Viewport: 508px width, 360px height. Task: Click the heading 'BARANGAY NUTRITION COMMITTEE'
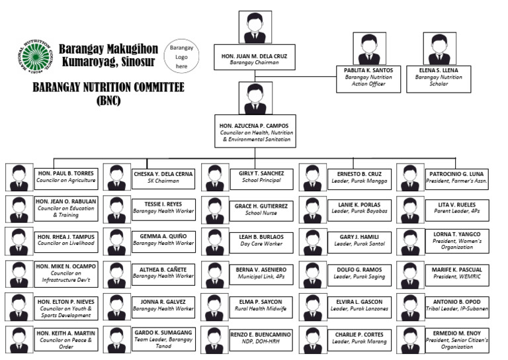108,88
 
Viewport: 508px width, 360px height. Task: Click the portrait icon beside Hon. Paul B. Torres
19,177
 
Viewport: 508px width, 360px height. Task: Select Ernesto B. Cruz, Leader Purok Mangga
360,177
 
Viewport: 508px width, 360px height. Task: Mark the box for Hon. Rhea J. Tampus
65,239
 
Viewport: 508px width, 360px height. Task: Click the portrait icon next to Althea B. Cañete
116,274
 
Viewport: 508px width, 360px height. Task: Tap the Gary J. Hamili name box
360,240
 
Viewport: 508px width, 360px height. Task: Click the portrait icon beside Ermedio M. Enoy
410,339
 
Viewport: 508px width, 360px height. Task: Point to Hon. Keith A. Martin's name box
65,338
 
